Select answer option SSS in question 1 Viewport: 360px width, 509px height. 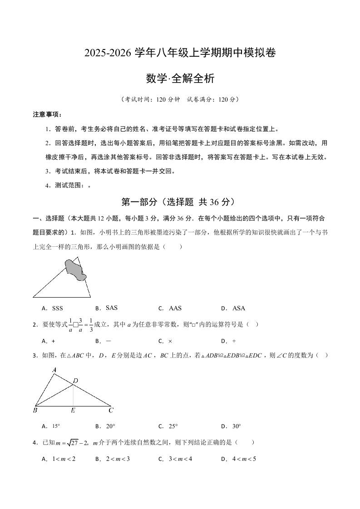click(x=57, y=308)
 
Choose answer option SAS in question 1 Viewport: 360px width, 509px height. click(x=111, y=308)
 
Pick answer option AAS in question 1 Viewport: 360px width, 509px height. click(x=175, y=308)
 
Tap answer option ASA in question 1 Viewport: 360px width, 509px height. click(x=238, y=308)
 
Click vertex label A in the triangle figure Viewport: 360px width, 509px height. click(x=54, y=370)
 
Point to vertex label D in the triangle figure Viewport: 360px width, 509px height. click(x=76, y=380)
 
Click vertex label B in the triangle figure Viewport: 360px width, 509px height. click(x=35, y=411)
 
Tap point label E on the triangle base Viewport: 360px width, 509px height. click(x=73, y=411)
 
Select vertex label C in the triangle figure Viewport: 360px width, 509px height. click(x=111, y=411)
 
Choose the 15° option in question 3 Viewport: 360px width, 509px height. click(x=56, y=426)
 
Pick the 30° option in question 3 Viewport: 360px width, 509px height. click(x=236, y=426)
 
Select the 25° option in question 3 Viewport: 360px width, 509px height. click(x=173, y=426)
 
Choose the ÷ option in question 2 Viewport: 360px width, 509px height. click(x=235, y=341)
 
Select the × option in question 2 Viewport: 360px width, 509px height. click(x=170, y=341)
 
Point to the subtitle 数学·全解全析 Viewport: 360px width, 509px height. click(x=180, y=78)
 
